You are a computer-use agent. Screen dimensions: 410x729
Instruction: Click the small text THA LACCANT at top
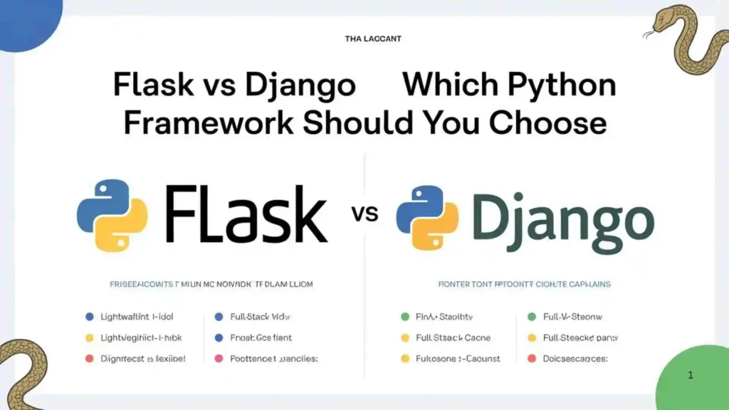click(372, 38)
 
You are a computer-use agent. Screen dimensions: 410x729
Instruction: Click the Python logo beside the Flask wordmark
click(112, 216)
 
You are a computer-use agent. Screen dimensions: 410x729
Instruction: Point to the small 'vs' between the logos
click(365, 214)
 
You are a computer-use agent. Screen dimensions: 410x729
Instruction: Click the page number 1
click(691, 374)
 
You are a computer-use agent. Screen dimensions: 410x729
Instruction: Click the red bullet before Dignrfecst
click(89, 359)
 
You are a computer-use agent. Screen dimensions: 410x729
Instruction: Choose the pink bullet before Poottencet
click(218, 359)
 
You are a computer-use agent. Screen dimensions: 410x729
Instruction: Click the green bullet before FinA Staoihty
click(405, 316)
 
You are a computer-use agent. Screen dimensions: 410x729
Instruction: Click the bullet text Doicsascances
click(575, 359)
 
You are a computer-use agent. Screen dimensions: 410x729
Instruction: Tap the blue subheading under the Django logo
click(524, 284)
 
